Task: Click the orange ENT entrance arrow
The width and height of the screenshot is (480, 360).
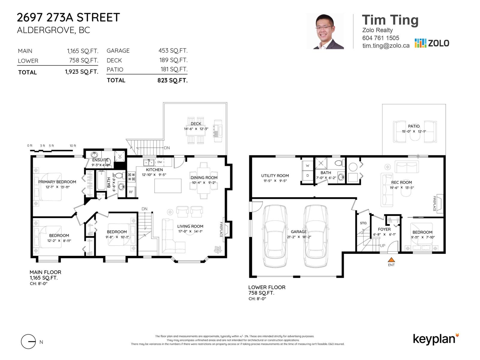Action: [391, 260]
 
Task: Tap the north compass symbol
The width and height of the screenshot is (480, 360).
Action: [29, 342]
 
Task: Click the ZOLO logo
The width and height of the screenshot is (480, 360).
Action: [432, 43]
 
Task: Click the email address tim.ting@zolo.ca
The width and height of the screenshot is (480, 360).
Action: [385, 46]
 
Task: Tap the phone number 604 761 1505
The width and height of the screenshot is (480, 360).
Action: [380, 38]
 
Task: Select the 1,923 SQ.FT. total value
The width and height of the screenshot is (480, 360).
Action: [82, 72]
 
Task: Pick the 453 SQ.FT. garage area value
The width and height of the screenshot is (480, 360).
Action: [173, 51]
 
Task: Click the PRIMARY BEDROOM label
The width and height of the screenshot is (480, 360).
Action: [57, 182]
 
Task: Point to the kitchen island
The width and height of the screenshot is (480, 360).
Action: [168, 186]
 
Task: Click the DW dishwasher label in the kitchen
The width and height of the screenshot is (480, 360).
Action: [160, 162]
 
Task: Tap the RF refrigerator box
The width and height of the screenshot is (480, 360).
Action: [131, 192]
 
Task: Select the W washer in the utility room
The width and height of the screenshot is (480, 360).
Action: [307, 166]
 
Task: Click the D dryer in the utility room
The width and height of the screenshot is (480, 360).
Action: [307, 176]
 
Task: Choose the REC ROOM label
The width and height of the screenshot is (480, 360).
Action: [401, 182]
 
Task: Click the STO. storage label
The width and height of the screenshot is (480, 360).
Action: [363, 223]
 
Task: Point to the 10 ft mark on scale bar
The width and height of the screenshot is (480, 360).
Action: [73, 146]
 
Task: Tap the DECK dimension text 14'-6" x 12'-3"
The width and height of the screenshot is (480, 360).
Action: [196, 129]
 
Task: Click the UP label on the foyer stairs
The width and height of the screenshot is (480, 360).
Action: [382, 246]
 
